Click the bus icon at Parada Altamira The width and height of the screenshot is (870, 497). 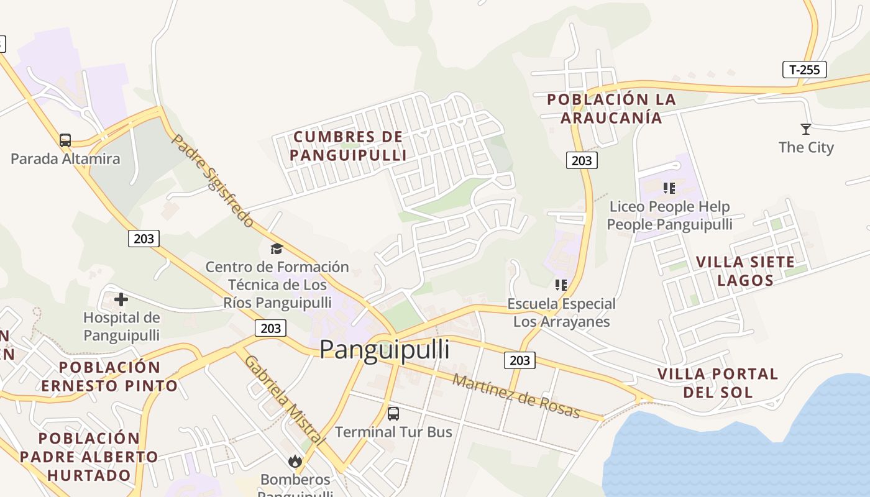[x=65, y=140]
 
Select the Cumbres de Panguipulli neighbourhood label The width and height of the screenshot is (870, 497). [x=348, y=146]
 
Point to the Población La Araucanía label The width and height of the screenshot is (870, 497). [x=611, y=109]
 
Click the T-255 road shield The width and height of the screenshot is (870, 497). [x=804, y=70]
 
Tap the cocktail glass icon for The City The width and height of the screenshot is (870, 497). [x=806, y=129]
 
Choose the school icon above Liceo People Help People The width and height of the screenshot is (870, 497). [x=669, y=188]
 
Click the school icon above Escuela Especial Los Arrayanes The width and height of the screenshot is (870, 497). [x=561, y=285]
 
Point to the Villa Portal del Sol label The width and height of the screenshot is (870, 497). [x=718, y=383]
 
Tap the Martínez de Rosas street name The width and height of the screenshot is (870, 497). [x=516, y=396]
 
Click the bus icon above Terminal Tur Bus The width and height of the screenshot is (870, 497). [x=393, y=414]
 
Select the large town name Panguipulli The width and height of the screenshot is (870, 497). [x=385, y=350]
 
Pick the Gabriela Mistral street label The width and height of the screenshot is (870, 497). [x=284, y=399]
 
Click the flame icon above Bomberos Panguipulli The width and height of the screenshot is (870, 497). [x=295, y=461]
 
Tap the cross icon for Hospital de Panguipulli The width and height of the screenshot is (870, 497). [x=121, y=300]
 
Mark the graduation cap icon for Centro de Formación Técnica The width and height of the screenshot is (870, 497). [x=277, y=249]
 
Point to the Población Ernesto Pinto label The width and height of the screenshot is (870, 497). [x=110, y=376]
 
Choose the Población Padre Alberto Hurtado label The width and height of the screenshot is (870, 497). [x=89, y=457]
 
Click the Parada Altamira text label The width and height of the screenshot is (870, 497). [x=65, y=159]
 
